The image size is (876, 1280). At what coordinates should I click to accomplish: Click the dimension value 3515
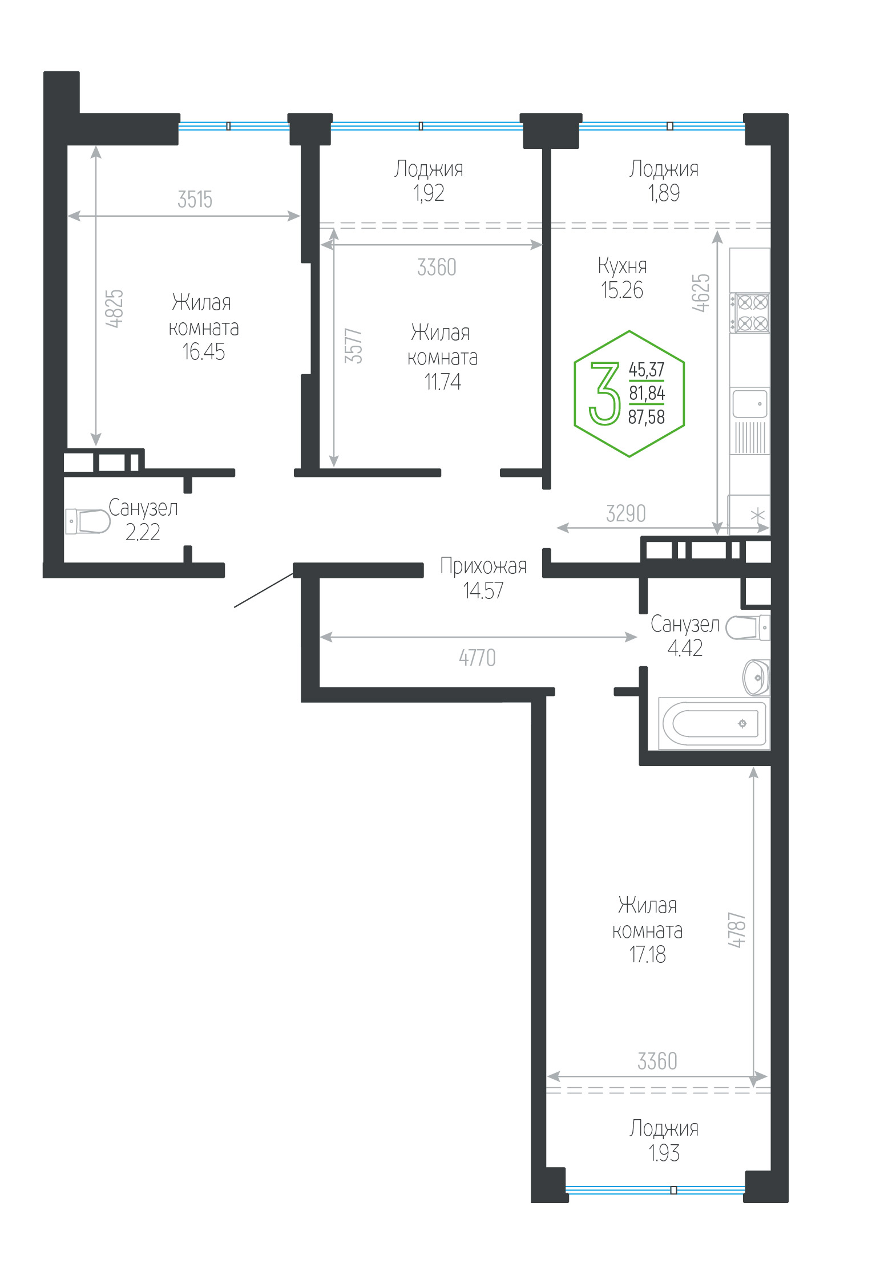coord(195,200)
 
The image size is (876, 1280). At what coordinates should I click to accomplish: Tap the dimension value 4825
coord(115,309)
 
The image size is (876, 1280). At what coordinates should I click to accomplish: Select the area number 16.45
coord(204,352)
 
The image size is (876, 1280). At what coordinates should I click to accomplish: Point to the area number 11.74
coord(443,382)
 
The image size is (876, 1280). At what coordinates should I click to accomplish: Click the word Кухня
coord(623,266)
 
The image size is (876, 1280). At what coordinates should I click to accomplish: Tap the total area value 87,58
coord(647,417)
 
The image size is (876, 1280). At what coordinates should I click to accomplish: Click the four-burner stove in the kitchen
coord(750,313)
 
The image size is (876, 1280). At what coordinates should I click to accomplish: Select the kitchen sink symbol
coord(750,403)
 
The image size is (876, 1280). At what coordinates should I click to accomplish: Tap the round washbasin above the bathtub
coord(756,678)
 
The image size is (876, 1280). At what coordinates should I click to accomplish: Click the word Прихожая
coord(483,566)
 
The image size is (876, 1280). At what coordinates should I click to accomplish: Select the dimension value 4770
coord(478,658)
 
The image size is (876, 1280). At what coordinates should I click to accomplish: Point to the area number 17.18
coord(647,954)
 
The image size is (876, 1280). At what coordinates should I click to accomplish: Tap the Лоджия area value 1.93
coord(664,1153)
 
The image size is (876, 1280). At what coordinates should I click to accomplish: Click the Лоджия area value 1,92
coord(429,193)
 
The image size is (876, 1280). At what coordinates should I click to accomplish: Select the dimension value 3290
coord(626,513)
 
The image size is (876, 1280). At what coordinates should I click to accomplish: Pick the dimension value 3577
coord(353,346)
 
